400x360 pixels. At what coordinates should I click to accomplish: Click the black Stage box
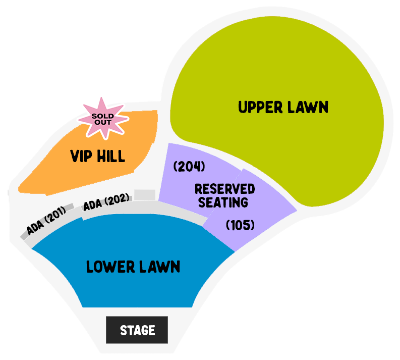137,330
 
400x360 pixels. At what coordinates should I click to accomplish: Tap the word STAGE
138,330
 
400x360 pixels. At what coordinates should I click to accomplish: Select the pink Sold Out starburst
103,119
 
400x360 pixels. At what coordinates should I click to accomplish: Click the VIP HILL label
98,156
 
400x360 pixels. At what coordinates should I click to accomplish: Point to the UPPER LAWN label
283,107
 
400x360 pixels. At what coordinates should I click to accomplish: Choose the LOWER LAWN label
133,267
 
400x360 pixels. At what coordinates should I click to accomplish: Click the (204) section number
189,167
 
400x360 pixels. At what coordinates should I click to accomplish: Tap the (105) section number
240,225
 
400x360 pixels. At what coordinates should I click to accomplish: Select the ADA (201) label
46,221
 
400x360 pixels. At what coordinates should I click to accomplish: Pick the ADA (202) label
106,202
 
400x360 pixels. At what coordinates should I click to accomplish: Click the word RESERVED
225,189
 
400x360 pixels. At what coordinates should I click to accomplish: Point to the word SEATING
223,202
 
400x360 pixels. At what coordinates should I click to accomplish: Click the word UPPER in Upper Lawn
260,107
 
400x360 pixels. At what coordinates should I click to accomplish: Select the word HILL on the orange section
111,156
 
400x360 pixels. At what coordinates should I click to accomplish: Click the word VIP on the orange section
81,156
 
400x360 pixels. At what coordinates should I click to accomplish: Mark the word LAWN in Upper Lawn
308,107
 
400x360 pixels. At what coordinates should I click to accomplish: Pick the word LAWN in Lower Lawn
160,267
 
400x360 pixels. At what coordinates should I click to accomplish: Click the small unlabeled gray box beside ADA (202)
145,195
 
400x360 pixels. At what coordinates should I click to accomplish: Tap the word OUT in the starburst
103,122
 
